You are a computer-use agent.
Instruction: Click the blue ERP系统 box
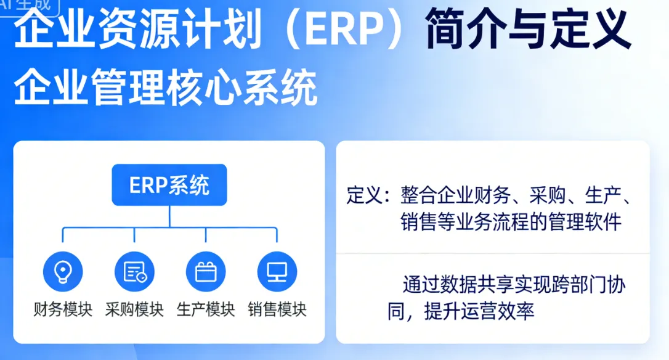tap(169, 185)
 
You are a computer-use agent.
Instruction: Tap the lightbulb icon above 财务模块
tap(63, 271)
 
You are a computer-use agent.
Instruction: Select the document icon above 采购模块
tap(134, 271)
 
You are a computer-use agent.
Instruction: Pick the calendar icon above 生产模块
tap(206, 271)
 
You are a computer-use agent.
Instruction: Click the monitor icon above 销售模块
tap(277, 271)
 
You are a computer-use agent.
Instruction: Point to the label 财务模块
tap(63, 309)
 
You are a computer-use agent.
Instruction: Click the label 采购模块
tap(134, 309)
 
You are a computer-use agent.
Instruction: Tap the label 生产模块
tap(206, 309)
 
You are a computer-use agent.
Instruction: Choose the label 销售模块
tap(277, 309)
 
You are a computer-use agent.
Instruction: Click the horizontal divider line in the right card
tap(493, 253)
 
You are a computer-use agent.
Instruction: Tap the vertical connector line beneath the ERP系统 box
tap(169, 216)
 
